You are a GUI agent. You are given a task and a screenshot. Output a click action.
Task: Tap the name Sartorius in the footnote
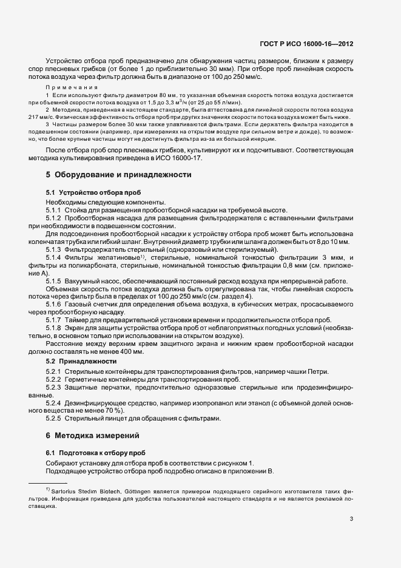click(68, 489)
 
